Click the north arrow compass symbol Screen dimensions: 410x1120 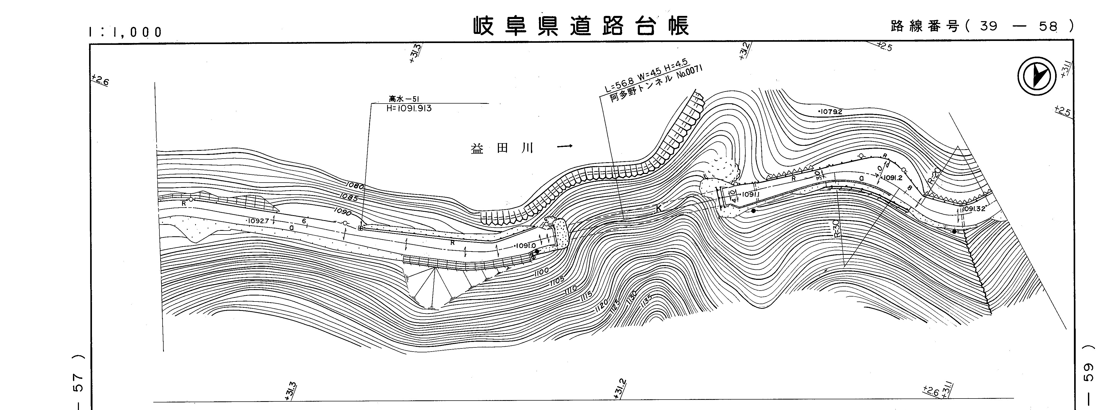[1037, 77]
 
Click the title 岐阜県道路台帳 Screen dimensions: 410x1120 [581, 26]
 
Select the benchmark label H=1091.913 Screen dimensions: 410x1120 [409, 108]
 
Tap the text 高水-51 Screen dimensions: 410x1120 [404, 99]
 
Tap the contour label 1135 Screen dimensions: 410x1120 [647, 300]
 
